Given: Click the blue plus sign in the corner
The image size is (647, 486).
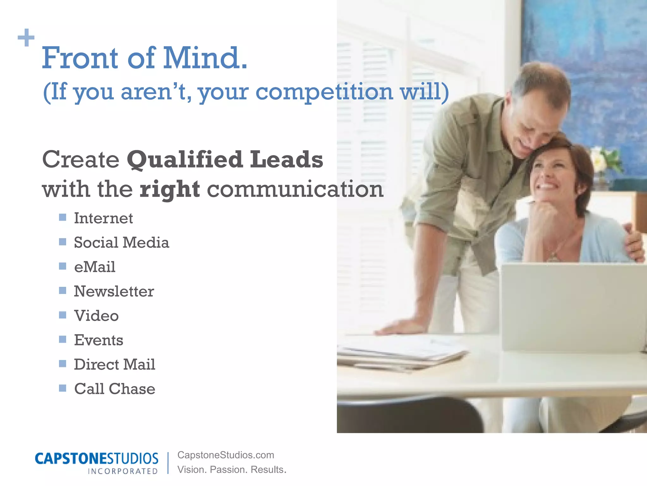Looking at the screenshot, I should click(x=26, y=38).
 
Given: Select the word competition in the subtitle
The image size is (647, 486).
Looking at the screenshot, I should click(x=324, y=92).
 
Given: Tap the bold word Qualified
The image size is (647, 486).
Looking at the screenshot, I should click(x=185, y=159).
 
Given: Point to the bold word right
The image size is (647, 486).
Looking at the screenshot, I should click(x=170, y=189).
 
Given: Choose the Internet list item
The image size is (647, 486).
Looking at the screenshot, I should click(x=103, y=218).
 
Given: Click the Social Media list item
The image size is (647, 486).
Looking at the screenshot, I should click(x=121, y=243).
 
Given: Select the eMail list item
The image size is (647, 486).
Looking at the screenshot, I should click(x=94, y=267).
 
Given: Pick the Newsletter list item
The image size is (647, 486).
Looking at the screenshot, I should click(x=114, y=291).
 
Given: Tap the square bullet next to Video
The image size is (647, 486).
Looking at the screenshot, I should click(x=63, y=315).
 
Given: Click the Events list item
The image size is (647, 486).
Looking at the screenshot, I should click(x=99, y=340).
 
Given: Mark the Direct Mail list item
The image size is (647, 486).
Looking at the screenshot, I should click(x=114, y=364).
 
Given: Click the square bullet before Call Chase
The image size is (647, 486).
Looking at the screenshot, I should click(x=63, y=388).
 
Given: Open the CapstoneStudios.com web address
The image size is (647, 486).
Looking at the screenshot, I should click(x=226, y=455).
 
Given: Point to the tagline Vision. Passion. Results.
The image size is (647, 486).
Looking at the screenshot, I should click(x=232, y=470).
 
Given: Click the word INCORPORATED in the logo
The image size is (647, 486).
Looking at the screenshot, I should click(x=123, y=471).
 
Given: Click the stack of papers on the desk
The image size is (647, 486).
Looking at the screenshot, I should click(x=401, y=354).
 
